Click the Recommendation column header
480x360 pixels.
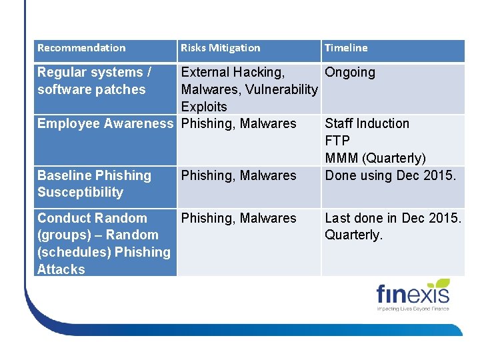81,48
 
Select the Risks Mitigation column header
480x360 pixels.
221,48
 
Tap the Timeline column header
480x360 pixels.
346,48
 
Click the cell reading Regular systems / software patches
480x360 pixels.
94,81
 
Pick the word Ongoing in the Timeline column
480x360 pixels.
350,72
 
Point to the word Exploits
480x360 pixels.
204,107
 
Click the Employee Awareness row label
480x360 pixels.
105,123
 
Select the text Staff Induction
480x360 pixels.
367,123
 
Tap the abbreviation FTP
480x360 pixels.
337,141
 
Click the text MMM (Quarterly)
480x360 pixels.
375,158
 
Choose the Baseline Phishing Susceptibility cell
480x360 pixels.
94,184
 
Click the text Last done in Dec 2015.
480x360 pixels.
393,218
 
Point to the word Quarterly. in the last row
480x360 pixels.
354,235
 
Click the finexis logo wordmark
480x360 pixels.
413,295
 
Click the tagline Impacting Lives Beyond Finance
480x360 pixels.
413,309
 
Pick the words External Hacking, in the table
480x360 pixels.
233,72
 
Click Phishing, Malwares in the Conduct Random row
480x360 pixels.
239,218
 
